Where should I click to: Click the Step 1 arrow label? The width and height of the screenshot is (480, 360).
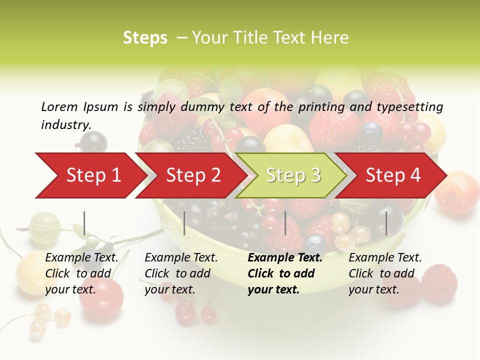[x=93, y=175]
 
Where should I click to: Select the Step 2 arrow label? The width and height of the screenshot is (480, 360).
[x=193, y=175]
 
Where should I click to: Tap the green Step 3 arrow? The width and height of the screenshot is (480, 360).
[x=293, y=175]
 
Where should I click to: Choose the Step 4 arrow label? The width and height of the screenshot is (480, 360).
[x=393, y=175]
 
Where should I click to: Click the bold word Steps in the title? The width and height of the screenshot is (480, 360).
[x=145, y=37]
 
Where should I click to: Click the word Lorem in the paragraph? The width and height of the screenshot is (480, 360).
[x=60, y=107]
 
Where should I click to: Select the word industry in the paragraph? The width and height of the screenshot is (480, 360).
[x=66, y=125]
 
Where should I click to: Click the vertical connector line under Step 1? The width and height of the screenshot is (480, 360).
[x=84, y=223]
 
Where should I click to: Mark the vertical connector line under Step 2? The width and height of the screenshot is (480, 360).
[x=184, y=223]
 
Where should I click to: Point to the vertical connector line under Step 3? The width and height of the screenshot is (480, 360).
[x=285, y=223]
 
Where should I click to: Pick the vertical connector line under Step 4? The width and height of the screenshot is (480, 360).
[x=386, y=223]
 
